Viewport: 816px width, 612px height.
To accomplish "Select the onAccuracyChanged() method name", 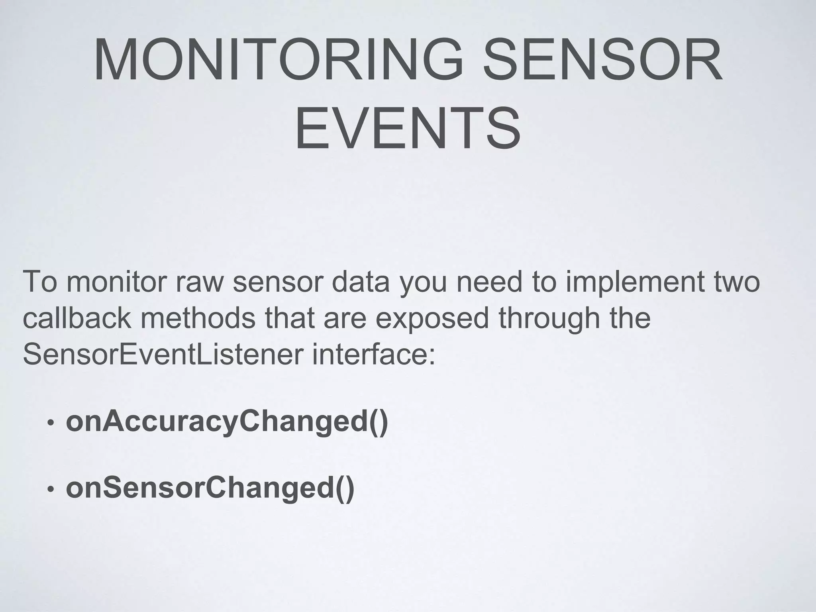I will tap(227, 422).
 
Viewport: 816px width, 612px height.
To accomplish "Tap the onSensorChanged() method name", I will tap(210, 489).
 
